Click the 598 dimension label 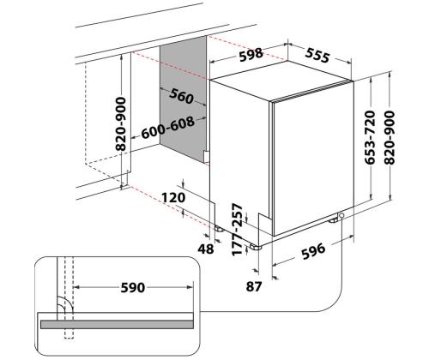251,55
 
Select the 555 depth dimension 317,55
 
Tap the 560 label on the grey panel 181,96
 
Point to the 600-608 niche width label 168,128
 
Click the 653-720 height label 370,137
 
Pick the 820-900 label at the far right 390,137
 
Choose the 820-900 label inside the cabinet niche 121,124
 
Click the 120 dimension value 173,197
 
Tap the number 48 206,249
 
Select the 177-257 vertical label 237,230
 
